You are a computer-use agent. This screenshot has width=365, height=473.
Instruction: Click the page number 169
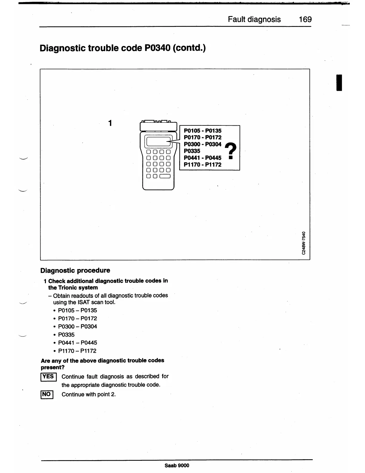[305, 19]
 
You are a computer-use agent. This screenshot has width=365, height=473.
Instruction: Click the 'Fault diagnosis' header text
[254, 19]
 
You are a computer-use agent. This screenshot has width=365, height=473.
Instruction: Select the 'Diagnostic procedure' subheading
[75, 270]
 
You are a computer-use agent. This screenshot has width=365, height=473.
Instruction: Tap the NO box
[47, 394]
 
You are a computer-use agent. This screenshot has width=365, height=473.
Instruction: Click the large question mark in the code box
[230, 151]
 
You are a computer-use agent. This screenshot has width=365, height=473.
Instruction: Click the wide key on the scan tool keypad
[165, 176]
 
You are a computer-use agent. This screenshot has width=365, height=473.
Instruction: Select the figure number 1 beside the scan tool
[110, 123]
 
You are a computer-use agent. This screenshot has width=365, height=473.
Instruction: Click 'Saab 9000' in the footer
[177, 466]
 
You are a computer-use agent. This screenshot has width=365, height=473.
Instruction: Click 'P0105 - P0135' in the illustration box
[202, 130]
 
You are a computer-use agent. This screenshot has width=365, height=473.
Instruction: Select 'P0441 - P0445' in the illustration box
[202, 158]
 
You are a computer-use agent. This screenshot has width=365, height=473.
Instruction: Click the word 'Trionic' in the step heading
[66, 288]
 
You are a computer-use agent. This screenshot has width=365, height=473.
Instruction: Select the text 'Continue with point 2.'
[89, 394]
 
